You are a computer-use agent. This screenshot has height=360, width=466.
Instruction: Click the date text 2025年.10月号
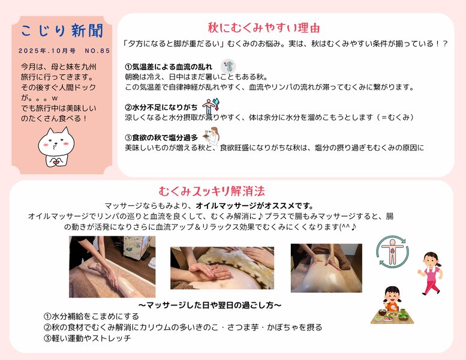tap(47, 50)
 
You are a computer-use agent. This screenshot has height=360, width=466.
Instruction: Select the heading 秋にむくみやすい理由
tap(263, 28)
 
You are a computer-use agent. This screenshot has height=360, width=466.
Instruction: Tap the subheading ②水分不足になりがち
tap(161, 107)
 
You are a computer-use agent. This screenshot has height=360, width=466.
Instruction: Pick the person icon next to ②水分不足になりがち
tap(208, 106)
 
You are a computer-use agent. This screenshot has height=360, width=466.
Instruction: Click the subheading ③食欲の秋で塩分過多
tap(161, 137)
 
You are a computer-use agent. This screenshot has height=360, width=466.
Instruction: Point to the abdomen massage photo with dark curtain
tap(326, 268)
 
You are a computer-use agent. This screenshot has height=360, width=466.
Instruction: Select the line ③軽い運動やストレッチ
tap(87, 338)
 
